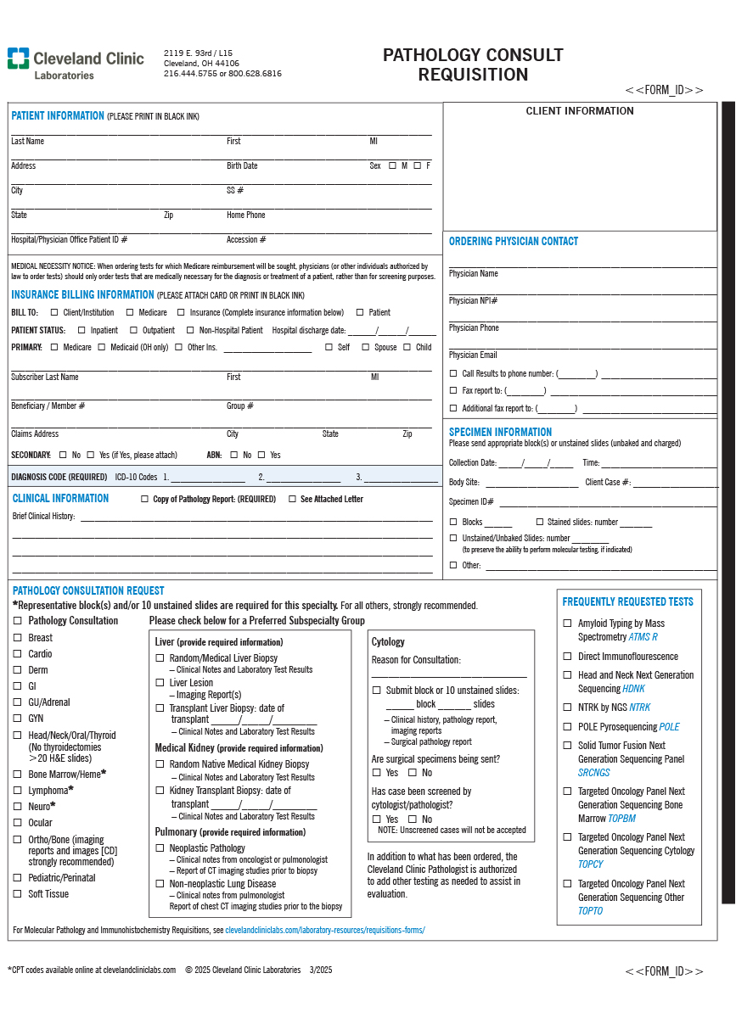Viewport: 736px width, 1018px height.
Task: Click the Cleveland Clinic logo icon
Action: (18, 59)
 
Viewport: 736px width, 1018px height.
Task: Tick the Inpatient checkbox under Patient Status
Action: (81, 330)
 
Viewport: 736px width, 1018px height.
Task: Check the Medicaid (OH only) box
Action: (101, 347)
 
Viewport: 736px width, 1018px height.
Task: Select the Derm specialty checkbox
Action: (18, 670)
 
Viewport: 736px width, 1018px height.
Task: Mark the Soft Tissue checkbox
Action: (18, 894)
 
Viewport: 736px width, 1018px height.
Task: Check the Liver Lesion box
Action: (160, 682)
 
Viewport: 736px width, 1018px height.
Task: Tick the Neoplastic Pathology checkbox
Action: (160, 847)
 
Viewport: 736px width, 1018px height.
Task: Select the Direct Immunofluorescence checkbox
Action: (568, 657)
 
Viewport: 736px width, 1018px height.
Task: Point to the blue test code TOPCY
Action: (591, 864)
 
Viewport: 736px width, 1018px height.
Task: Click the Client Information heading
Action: (580, 111)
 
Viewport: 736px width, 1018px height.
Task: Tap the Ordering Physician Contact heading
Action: (514, 242)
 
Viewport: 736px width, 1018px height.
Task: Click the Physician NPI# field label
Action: (473, 301)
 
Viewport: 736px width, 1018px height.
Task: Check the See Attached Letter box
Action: (293, 499)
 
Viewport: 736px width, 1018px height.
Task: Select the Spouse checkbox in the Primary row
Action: (366, 347)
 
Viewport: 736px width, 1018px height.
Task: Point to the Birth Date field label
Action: (242, 166)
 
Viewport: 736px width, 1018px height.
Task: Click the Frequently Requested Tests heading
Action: (627, 602)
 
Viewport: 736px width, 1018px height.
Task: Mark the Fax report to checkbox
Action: (453, 391)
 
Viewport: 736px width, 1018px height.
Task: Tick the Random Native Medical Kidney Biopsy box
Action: (160, 764)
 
